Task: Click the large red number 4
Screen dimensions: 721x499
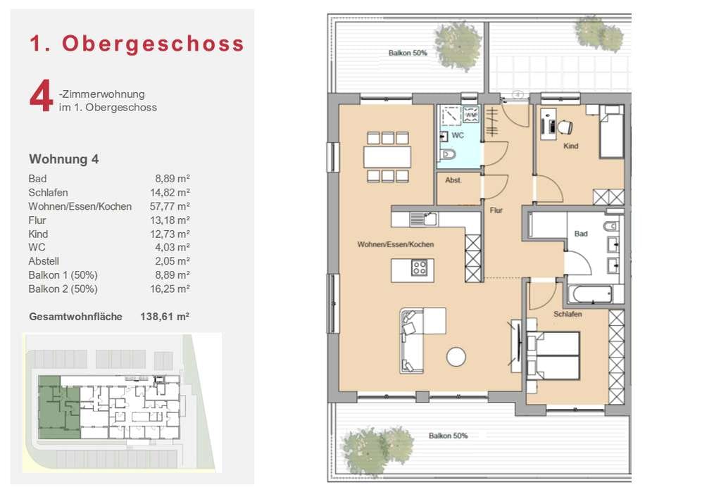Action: pyautogui.click(x=41, y=96)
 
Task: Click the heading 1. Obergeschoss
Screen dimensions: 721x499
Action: pyautogui.click(x=137, y=43)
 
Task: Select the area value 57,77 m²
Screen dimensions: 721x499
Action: pyautogui.click(x=170, y=206)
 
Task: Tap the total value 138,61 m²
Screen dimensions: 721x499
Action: pyautogui.click(x=165, y=317)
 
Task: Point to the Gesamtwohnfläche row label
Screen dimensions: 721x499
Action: pyautogui.click(x=75, y=317)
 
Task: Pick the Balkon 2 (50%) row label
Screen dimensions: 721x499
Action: pyautogui.click(x=63, y=289)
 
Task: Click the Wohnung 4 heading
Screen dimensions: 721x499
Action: pyautogui.click(x=63, y=159)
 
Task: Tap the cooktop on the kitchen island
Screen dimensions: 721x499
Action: pyautogui.click(x=420, y=267)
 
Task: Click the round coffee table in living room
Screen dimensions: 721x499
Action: pyautogui.click(x=456, y=357)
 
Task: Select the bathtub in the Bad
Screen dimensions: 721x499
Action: pyautogui.click(x=590, y=294)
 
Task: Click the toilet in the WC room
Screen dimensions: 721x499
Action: pyautogui.click(x=448, y=154)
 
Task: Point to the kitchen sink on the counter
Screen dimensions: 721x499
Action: pyautogui.click(x=423, y=219)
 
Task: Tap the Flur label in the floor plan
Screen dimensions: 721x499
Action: pyautogui.click(x=496, y=210)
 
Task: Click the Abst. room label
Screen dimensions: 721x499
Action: pyautogui.click(x=453, y=180)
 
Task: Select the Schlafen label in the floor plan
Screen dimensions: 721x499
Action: pyautogui.click(x=568, y=315)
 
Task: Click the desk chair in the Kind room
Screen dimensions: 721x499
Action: pyautogui.click(x=565, y=127)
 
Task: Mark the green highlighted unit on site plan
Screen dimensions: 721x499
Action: pyautogui.click(x=58, y=407)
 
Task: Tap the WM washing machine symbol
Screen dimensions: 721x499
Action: pyautogui.click(x=471, y=115)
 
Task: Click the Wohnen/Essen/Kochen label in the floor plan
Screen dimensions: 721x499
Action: pyautogui.click(x=396, y=244)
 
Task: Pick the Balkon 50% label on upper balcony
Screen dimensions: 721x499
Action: pyautogui.click(x=408, y=53)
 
